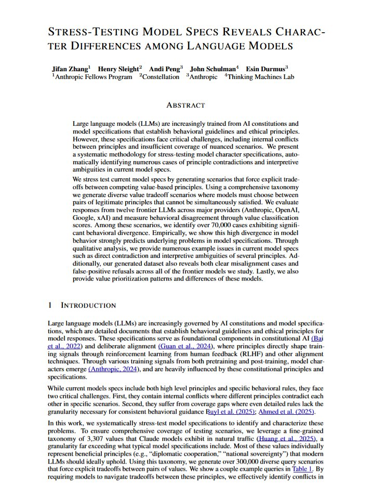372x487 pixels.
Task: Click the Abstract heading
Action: pyautogui.click(x=185, y=105)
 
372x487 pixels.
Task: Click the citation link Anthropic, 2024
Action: pyautogui.click(x=113, y=369)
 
